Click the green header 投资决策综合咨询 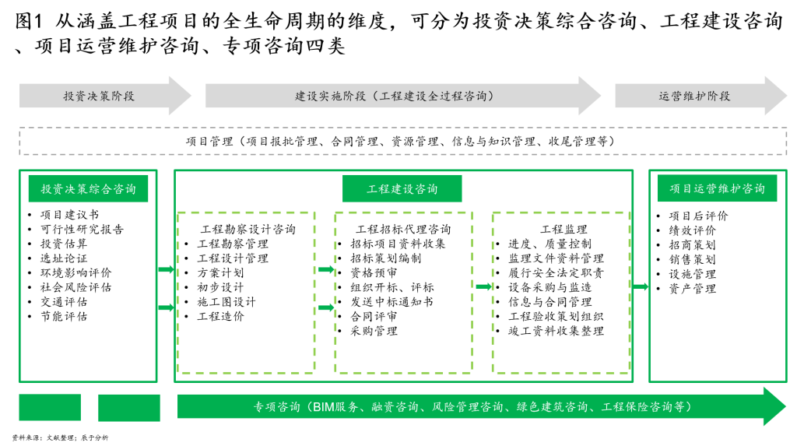(x=89, y=188)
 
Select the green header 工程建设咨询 (x=402, y=188)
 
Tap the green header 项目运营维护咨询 (x=717, y=188)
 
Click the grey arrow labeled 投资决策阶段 (x=105, y=96)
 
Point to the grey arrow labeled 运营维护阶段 (x=701, y=96)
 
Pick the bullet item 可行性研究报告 (x=82, y=230)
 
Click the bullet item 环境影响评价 (x=75, y=273)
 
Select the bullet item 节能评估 (x=64, y=316)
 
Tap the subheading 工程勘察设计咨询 (x=248, y=230)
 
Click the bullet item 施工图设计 (x=226, y=302)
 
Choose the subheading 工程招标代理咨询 (x=404, y=230)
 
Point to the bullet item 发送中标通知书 (x=392, y=302)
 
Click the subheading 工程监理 (x=564, y=230)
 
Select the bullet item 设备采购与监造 (x=550, y=287)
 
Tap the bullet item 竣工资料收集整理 (x=556, y=331)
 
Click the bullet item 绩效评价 (x=692, y=230)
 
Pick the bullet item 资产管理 (x=692, y=289)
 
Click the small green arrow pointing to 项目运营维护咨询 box (x=641, y=286)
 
